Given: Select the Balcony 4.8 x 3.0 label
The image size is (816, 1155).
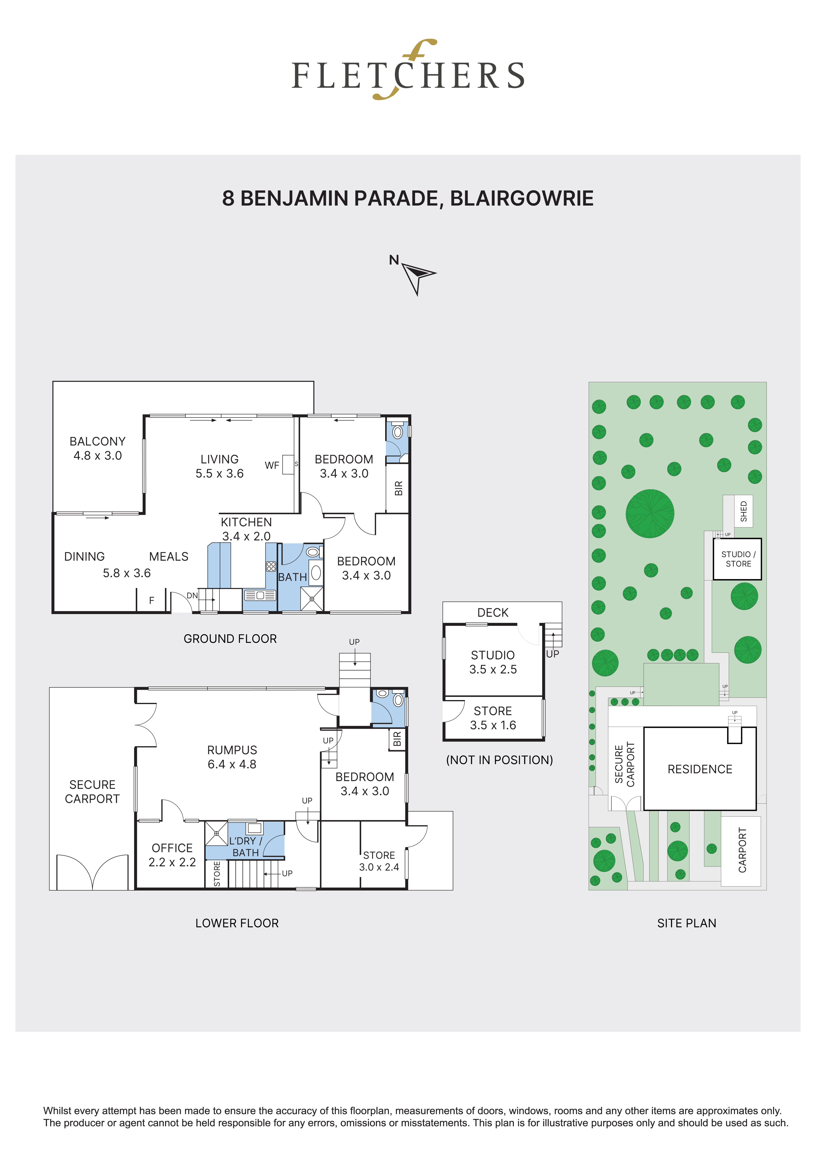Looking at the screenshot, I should click(98, 448).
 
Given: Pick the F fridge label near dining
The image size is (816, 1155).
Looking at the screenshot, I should click(151, 601).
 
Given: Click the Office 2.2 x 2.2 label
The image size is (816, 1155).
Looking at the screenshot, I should click(172, 855).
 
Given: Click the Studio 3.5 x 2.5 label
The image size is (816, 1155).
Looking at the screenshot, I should click(493, 662).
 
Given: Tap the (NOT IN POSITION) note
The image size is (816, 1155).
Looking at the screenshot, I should click(499, 760).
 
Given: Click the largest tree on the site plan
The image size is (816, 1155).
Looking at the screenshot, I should click(650, 514).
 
